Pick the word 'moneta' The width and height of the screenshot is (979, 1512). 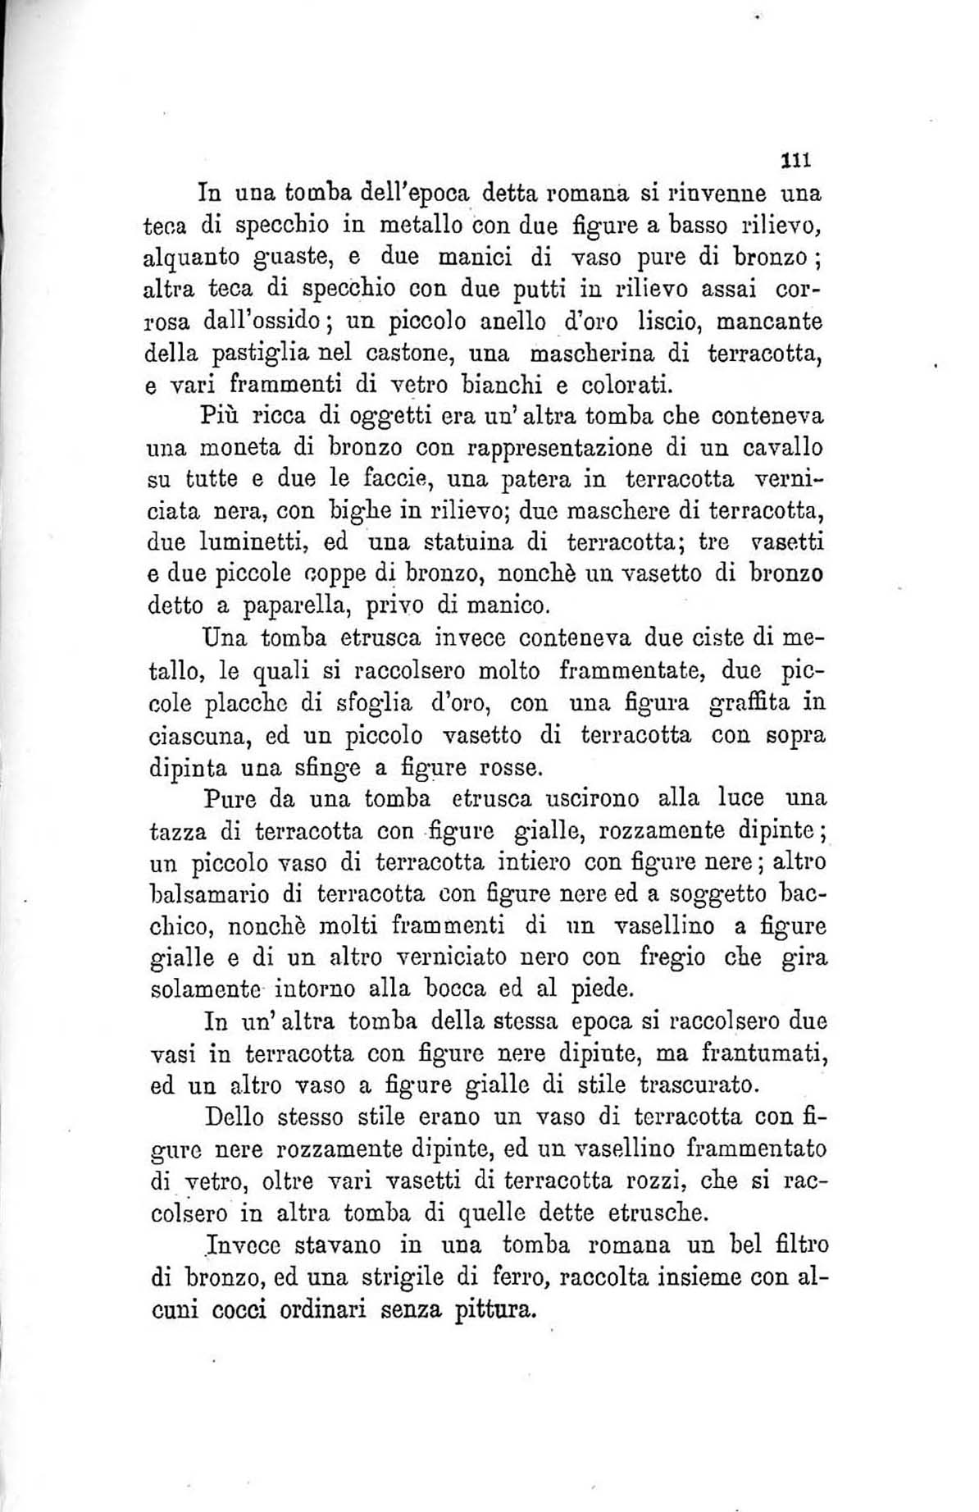click(254, 450)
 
